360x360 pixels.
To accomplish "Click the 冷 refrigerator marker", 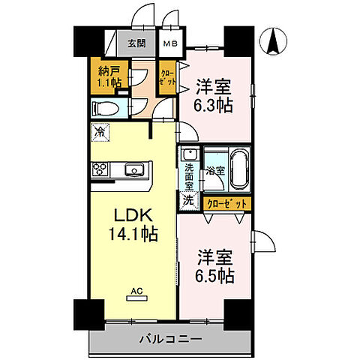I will click(x=99, y=131).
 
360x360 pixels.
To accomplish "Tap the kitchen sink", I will click(x=134, y=168).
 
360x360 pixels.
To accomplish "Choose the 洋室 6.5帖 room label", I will click(x=215, y=265).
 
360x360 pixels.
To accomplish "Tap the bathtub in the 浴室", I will click(x=239, y=171).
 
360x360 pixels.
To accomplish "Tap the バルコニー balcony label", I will click(x=170, y=340).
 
